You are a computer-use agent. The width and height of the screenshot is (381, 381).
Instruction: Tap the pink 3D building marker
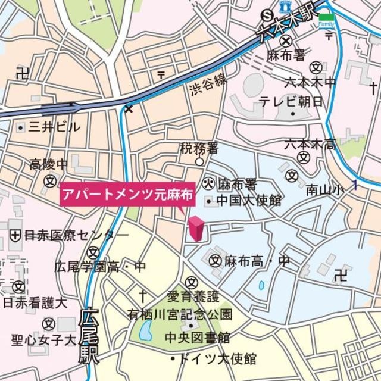196,229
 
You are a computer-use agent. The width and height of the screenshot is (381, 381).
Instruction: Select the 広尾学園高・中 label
99,266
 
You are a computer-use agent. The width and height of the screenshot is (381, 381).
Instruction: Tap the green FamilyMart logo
326,20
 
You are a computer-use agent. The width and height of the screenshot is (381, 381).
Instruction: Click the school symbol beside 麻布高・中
216,260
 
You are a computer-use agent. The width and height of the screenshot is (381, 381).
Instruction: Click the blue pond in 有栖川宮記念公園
145,332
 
